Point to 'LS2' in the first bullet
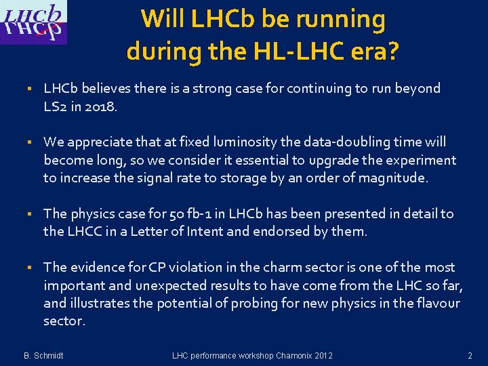click(x=57, y=106)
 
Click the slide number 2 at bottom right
click(x=469, y=355)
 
